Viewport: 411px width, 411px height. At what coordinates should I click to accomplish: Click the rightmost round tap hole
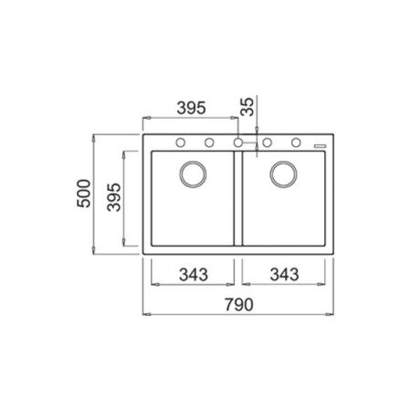[x=297, y=142]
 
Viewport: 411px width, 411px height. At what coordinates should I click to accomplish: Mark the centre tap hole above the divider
[x=237, y=142]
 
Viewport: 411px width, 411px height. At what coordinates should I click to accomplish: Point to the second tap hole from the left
[x=208, y=142]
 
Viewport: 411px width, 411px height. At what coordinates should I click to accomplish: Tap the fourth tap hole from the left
[x=268, y=142]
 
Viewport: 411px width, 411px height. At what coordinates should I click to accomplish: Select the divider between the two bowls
[x=237, y=196]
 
